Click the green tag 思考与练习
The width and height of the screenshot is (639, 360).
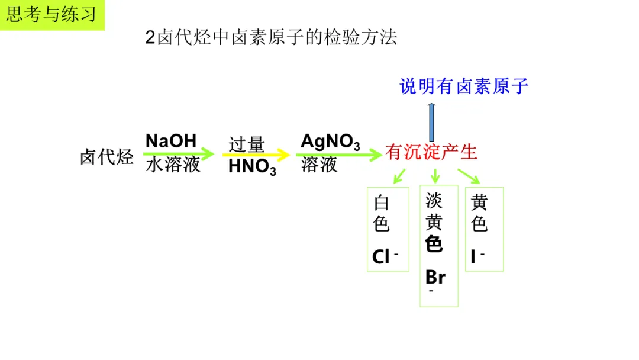51,15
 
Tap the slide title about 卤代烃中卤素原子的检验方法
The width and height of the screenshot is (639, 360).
271,38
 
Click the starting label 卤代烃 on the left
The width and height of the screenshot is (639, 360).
106,157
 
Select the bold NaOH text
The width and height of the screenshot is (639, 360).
171,141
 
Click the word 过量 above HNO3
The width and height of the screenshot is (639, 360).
247,144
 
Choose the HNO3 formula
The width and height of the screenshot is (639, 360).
252,168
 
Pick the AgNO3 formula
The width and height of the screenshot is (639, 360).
330,142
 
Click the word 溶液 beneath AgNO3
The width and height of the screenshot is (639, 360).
319,165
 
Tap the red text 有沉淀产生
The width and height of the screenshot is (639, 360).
431,153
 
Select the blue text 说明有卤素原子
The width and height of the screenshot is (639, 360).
464,86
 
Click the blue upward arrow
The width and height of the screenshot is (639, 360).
431,121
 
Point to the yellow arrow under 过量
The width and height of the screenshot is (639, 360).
256,155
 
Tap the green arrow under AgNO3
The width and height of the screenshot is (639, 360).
338,155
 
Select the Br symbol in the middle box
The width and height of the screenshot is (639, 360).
435,277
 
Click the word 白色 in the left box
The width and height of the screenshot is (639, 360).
382,213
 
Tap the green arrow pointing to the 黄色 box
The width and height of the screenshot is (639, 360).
469,175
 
